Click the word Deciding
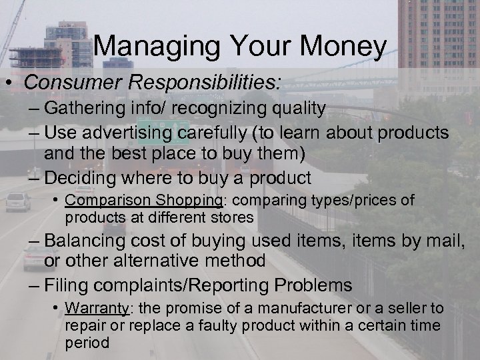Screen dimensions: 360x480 [x=84, y=178]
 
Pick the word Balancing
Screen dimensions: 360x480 [x=89, y=240]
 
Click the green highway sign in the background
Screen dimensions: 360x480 [x=163, y=133]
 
